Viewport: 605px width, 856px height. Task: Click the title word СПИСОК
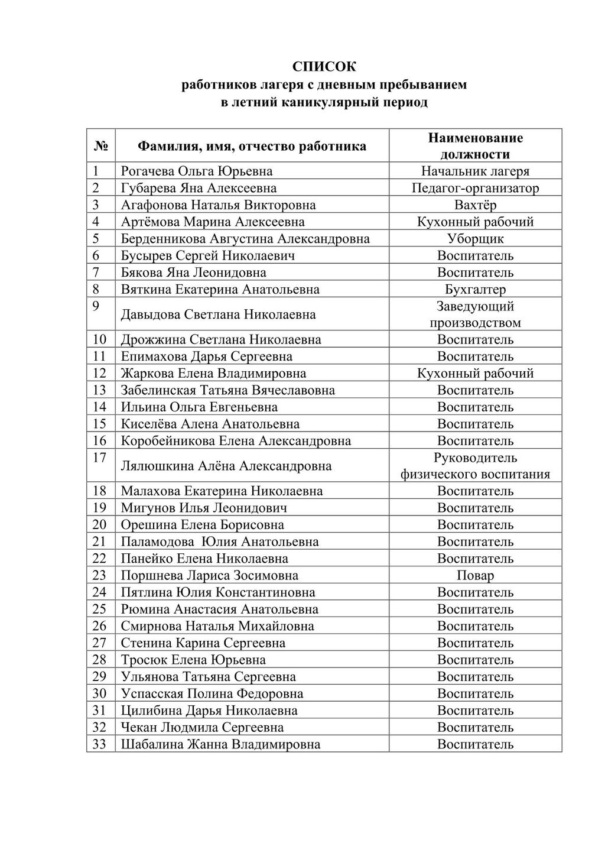click(x=324, y=66)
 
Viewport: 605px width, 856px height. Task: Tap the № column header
click(x=100, y=146)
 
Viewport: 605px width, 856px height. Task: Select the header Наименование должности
click(x=475, y=146)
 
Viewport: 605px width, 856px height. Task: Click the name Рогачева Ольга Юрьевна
click(x=197, y=171)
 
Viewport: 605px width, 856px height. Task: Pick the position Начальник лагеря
click(x=475, y=171)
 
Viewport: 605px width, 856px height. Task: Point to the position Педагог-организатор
click(x=475, y=189)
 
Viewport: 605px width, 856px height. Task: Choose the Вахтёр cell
click(x=475, y=205)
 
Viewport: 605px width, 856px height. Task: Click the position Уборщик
click(x=475, y=239)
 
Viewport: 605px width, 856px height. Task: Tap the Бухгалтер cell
click(x=475, y=290)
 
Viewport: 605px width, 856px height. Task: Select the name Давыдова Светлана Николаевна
click(x=218, y=314)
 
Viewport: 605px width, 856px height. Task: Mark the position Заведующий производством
click(x=475, y=314)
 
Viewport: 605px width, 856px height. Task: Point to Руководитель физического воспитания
click(x=475, y=466)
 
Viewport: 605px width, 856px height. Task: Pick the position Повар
click(x=475, y=575)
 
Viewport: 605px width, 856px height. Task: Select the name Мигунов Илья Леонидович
click(x=204, y=508)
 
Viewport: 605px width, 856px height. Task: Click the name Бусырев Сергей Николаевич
click(x=208, y=255)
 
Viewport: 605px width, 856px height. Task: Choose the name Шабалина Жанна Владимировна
click(x=220, y=744)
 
